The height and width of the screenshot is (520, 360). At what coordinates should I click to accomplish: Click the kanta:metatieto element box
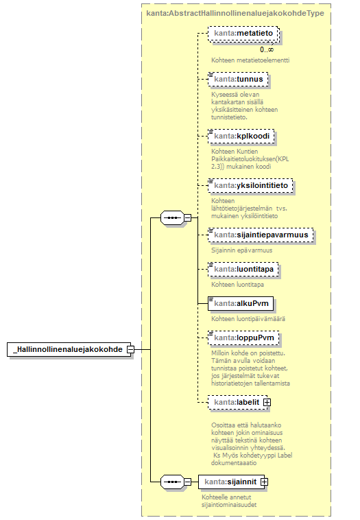point(243,34)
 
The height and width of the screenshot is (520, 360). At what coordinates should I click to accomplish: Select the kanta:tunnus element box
point(238,80)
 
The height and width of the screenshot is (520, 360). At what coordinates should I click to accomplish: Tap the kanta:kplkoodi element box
point(241,137)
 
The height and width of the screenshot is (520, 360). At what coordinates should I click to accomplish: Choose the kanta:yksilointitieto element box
point(250,185)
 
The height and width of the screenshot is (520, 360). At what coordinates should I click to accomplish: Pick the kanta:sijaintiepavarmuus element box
point(261,235)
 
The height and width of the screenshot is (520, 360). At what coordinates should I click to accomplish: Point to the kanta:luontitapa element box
point(243,269)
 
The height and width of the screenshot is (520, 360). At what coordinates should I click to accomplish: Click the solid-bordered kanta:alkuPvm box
point(241,303)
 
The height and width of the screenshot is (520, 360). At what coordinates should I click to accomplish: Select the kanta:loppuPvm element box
point(243,338)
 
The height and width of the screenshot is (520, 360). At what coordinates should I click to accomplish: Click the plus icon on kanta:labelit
point(267,402)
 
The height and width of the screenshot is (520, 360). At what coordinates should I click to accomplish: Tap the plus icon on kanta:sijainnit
point(264,482)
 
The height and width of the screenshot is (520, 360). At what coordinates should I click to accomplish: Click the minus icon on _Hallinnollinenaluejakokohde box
point(130,349)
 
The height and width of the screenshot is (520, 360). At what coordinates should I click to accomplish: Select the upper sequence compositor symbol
point(172,218)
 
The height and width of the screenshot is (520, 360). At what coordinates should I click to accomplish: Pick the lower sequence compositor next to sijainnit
point(172,482)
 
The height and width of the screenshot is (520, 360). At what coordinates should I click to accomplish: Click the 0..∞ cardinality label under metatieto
point(267,50)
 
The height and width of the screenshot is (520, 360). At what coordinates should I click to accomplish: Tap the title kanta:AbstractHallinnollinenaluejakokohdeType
point(235,13)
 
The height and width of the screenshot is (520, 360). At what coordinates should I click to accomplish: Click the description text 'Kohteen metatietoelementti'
point(250,60)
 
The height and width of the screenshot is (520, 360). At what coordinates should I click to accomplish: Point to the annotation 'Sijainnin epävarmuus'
point(242,250)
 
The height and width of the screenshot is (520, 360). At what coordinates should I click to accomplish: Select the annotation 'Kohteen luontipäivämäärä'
point(248,319)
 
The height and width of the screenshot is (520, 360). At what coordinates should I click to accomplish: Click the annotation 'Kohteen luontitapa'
point(238,285)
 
